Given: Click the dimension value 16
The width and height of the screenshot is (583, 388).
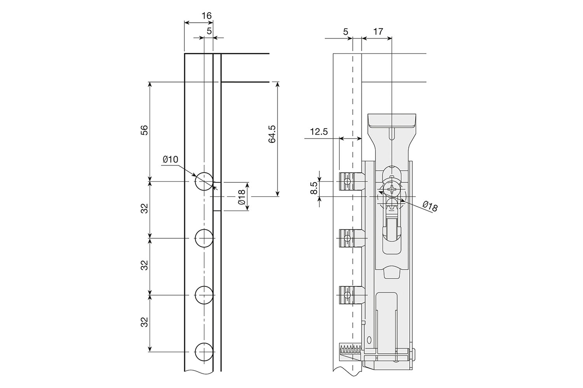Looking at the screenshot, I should [x=207, y=16].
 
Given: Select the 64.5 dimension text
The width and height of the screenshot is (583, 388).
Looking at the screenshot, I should [x=272, y=134].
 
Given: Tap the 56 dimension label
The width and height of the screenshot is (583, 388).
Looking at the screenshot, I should [x=144, y=130].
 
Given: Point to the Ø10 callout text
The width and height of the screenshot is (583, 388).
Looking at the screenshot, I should [x=170, y=159].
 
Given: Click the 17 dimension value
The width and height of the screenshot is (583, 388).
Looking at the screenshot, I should [x=377, y=32].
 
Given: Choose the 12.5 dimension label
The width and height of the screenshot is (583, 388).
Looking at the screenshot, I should [x=319, y=132].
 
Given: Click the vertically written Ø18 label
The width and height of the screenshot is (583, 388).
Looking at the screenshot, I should [x=241, y=197].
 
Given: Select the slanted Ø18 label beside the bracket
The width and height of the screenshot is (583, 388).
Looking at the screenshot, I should [x=429, y=206].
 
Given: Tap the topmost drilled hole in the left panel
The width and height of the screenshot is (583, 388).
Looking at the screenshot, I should [x=204, y=181].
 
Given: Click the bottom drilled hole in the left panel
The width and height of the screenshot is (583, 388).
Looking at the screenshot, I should [x=204, y=352].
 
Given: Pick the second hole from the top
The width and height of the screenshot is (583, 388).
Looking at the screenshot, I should [x=204, y=238].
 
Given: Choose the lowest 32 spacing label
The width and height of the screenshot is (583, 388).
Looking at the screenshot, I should [x=144, y=322].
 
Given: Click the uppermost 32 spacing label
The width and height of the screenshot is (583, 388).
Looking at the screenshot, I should [x=144, y=209].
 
